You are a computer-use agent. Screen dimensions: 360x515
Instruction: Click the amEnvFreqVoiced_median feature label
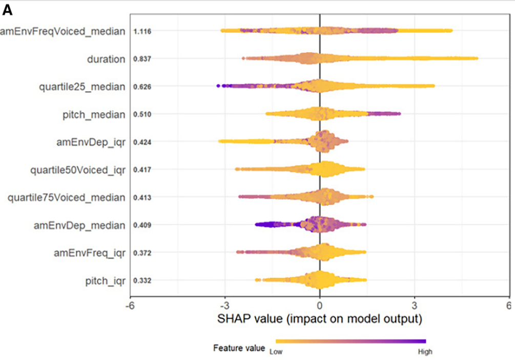point(62,32)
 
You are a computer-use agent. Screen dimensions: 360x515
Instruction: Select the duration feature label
point(106,59)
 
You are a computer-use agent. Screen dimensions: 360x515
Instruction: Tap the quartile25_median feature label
point(81,87)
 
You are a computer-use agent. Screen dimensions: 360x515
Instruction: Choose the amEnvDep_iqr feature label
point(90,142)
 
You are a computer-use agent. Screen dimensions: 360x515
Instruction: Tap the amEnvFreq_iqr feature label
point(90,253)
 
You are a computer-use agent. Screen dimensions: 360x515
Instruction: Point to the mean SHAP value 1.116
point(141,32)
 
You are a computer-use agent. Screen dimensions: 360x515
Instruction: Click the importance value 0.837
point(141,59)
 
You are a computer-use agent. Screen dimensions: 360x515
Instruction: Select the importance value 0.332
point(141,281)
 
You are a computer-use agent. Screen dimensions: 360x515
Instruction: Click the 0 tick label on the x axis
point(320,305)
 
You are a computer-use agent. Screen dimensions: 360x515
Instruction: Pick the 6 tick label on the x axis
point(509,305)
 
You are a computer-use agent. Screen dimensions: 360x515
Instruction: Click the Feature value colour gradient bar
point(351,341)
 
